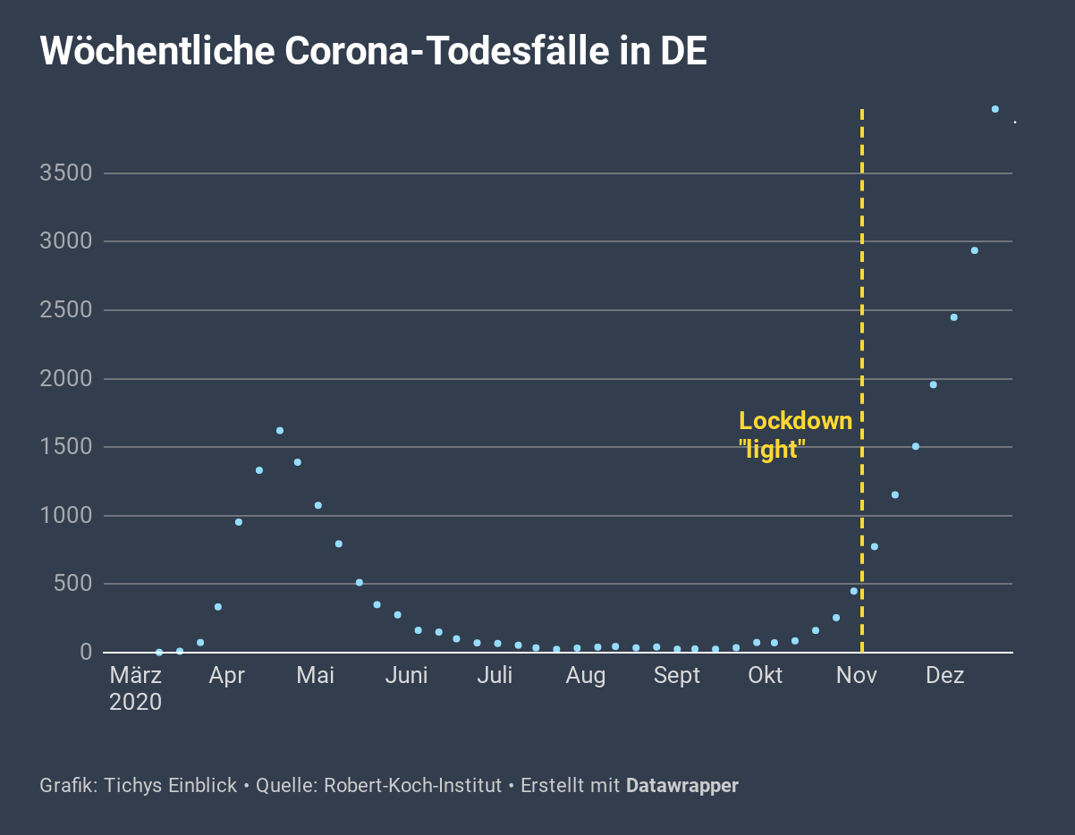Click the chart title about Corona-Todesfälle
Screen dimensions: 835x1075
[374, 52]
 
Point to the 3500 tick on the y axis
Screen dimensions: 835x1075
[66, 173]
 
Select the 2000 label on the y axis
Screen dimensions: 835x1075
[66, 379]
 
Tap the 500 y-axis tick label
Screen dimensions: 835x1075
[72, 584]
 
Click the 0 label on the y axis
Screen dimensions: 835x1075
[86, 653]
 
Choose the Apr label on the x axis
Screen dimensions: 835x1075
[226, 676]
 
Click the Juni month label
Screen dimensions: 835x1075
[406, 676]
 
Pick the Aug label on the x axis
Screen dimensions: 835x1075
[586, 676]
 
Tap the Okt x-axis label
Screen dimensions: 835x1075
[765, 676]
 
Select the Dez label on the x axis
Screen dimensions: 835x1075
[944, 676]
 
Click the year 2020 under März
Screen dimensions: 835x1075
[136, 703]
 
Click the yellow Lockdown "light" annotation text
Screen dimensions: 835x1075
[795, 435]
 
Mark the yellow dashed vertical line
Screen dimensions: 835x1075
[861, 268]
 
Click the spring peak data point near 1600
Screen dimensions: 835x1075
[280, 431]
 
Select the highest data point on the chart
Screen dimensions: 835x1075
[995, 109]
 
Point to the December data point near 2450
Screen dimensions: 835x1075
[953, 317]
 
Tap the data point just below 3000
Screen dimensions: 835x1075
[974, 250]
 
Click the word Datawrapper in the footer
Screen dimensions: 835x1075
[682, 787]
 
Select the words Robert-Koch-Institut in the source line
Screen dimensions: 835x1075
[412, 787]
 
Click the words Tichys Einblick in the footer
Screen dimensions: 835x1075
[170, 787]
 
